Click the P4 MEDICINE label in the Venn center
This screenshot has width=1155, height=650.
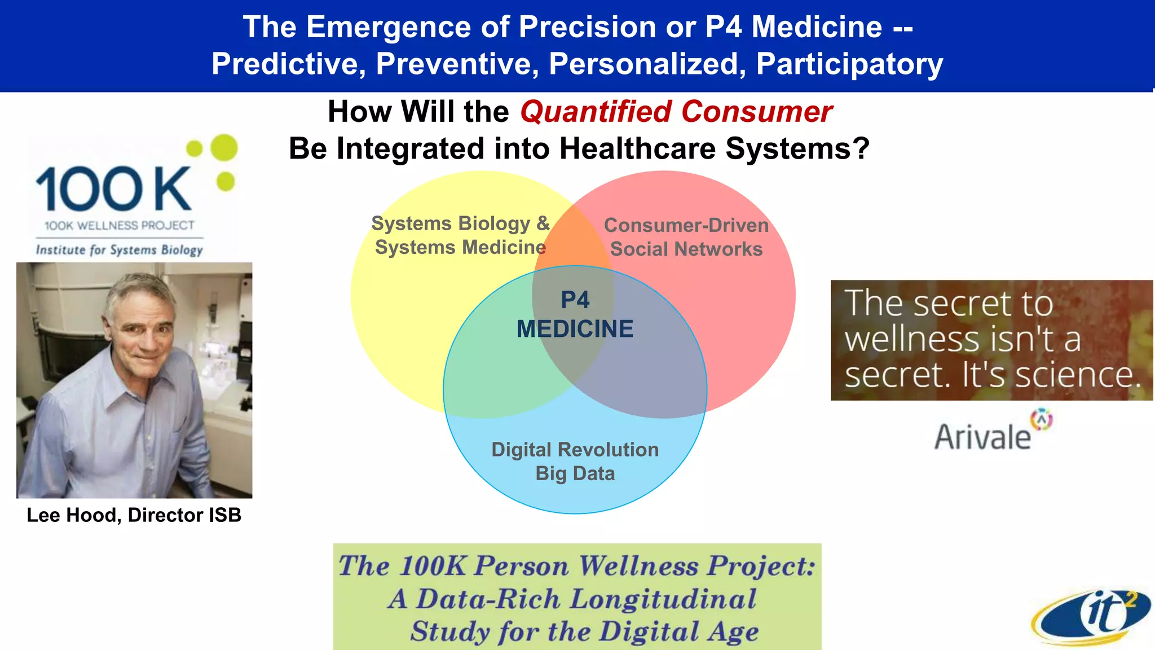pos(575,315)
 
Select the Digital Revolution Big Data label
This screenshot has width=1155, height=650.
pos(575,461)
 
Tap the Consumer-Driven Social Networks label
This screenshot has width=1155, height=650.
pos(686,237)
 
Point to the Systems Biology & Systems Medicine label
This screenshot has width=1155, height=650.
pos(460,235)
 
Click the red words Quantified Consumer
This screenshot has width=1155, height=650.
pos(676,112)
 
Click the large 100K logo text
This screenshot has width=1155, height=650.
pos(113,189)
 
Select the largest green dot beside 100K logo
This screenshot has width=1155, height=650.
pos(224,148)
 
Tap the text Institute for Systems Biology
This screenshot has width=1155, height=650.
pos(119,250)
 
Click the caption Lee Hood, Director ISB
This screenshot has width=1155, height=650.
pos(134,515)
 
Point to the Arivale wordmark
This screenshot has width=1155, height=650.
pos(982,437)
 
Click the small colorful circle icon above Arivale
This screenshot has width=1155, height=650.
pos(1041,419)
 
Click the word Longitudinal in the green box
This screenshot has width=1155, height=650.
pos(663,599)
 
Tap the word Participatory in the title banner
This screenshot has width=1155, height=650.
pos(849,63)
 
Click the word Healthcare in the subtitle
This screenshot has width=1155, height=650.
pos(637,149)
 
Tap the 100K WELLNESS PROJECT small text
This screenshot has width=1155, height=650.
pos(119,226)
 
